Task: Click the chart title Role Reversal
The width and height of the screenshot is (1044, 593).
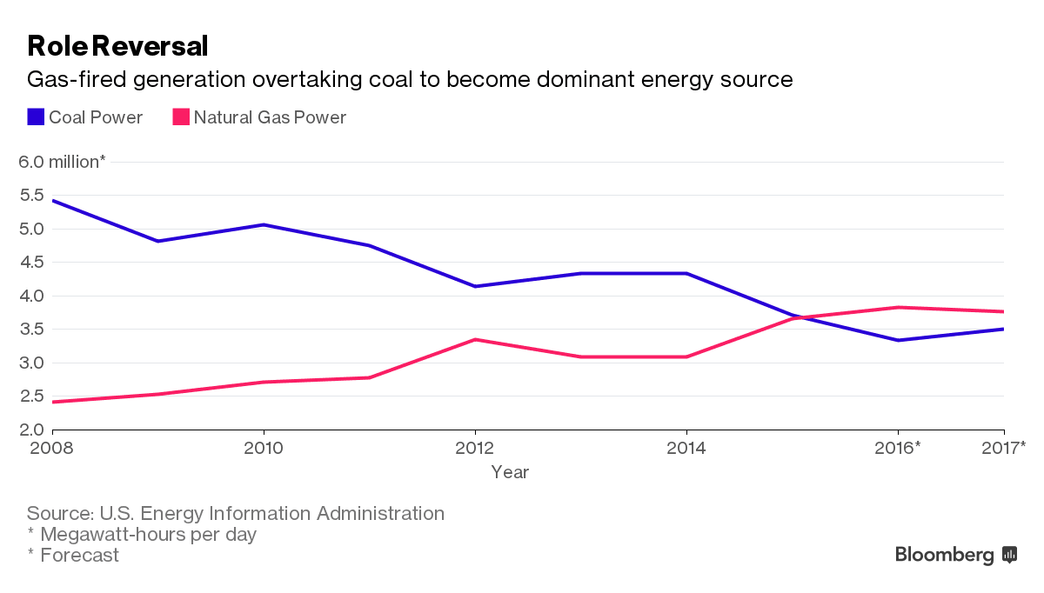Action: pyautogui.click(x=117, y=45)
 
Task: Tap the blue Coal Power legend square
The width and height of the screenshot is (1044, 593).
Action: pyautogui.click(x=36, y=117)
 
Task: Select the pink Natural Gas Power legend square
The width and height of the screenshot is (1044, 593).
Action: pyautogui.click(x=181, y=117)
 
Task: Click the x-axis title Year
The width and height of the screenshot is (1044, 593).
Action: pyautogui.click(x=510, y=472)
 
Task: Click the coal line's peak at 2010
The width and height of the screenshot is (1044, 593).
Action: pyautogui.click(x=264, y=225)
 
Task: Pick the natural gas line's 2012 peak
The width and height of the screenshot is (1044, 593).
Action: pyautogui.click(x=475, y=339)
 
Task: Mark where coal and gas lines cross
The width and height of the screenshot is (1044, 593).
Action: pyautogui.click(x=797, y=317)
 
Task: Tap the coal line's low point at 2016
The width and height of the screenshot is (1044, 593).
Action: pyautogui.click(x=898, y=340)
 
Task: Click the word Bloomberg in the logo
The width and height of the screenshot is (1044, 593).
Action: pyautogui.click(x=945, y=555)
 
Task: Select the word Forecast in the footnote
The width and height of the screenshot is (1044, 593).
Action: pyautogui.click(x=79, y=555)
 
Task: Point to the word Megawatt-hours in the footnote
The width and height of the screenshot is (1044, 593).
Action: pyautogui.click(x=105, y=534)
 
